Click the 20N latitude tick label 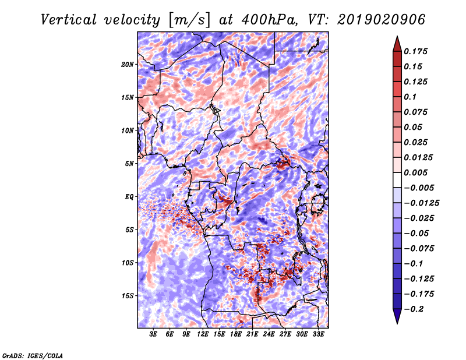click(128, 64)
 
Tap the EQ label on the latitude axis click(129, 196)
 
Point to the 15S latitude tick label click(128, 295)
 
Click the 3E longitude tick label click(154, 334)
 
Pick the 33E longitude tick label click(319, 334)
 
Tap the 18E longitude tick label click(236, 334)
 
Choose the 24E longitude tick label click(269, 334)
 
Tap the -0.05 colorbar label click(417, 233)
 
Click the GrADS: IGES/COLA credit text click(33, 355)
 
